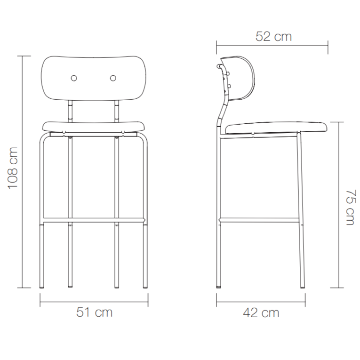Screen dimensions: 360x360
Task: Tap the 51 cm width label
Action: point(95,312)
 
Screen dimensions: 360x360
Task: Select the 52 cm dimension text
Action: point(273,37)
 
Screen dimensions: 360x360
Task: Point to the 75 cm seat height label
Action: point(351,208)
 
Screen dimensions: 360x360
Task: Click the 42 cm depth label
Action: point(261,312)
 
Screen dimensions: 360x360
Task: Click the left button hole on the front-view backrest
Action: point(74,78)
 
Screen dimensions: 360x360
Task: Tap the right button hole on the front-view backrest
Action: point(113,78)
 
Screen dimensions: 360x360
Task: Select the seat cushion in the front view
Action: point(94,127)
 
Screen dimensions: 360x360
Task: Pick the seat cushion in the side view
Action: point(276,128)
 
